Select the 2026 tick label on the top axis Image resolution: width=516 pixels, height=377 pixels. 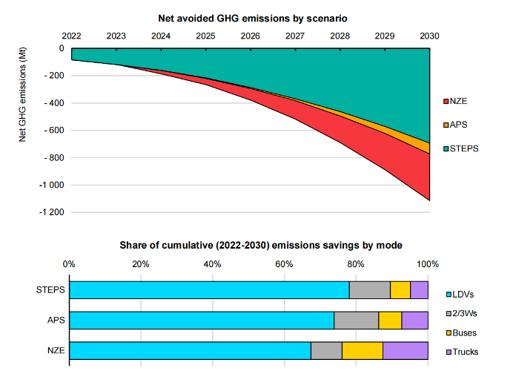click(250, 36)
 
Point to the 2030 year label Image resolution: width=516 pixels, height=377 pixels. click(429, 36)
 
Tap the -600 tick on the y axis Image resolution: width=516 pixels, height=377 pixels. click(54, 131)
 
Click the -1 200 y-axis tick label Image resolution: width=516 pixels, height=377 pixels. click(51, 213)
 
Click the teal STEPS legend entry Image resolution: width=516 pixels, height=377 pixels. click(461, 148)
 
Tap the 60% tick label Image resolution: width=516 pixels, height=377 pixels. click(285, 263)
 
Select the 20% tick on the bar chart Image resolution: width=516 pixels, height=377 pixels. click(141, 263)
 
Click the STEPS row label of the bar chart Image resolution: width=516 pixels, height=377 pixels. click(51, 290)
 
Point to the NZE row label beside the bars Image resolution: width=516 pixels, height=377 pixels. click(56, 351)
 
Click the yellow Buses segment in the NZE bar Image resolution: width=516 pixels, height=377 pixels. click(362, 351)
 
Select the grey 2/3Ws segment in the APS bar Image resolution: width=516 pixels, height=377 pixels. click(356, 321)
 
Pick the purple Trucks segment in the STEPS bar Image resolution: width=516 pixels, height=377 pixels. click(419, 290)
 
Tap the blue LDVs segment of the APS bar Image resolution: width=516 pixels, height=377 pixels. click(201, 321)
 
